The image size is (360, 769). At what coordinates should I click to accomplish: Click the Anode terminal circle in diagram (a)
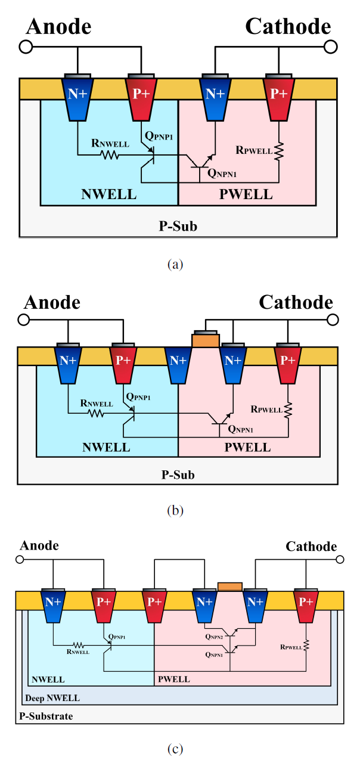click(x=26, y=46)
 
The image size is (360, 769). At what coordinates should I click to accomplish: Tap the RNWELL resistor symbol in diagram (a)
click(x=110, y=155)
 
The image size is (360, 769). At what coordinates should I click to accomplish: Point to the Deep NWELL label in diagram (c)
click(x=51, y=697)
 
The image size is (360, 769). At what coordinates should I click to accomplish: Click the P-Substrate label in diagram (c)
click(x=45, y=715)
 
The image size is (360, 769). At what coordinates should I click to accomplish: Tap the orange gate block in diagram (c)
click(x=230, y=587)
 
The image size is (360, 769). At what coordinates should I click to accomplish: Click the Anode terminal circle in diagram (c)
click(x=20, y=560)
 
